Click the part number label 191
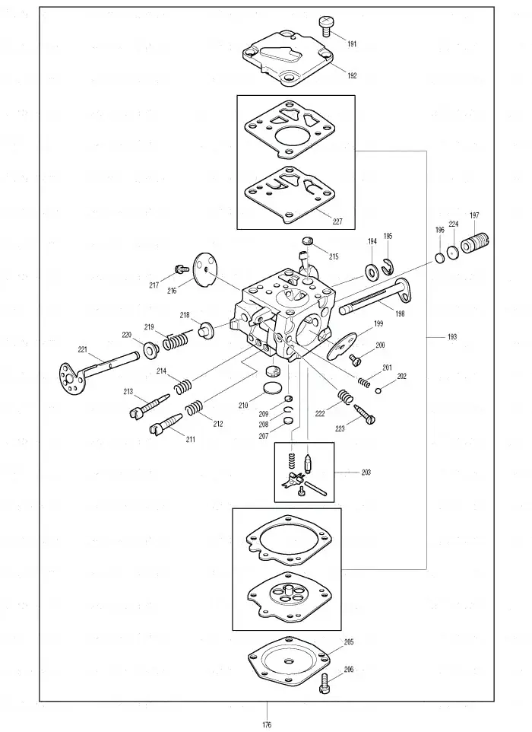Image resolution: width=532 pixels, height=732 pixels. coord(352,44)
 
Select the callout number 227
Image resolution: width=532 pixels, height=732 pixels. coord(337,221)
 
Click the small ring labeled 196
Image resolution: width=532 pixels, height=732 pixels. coord(440,258)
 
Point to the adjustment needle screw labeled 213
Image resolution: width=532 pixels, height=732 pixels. coord(149,407)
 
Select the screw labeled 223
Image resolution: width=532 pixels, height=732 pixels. coord(365,414)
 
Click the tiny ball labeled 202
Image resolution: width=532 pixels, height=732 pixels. coord(378,391)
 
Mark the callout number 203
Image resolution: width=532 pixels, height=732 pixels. coord(366,473)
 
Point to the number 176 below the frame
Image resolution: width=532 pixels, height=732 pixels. coord(267,725)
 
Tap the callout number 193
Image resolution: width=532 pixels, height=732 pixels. coord(451,336)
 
